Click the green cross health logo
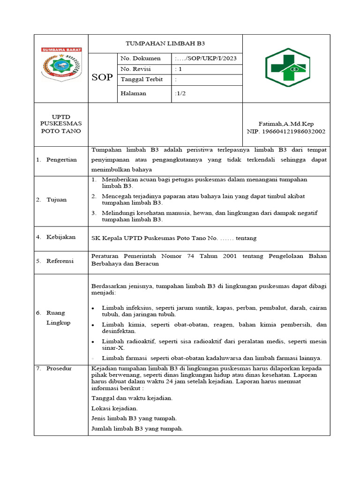click(287, 67)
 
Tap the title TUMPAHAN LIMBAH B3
click(165, 44)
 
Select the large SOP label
click(102, 77)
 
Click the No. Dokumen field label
click(141, 59)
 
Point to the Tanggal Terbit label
click(142, 79)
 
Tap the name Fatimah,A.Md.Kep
click(286, 124)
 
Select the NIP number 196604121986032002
click(286, 131)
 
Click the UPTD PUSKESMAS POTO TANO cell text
click(61, 124)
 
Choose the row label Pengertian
click(61, 160)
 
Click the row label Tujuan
click(56, 200)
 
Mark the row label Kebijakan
click(61, 237)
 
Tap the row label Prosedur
click(59, 369)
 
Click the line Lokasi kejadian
click(114, 408)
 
